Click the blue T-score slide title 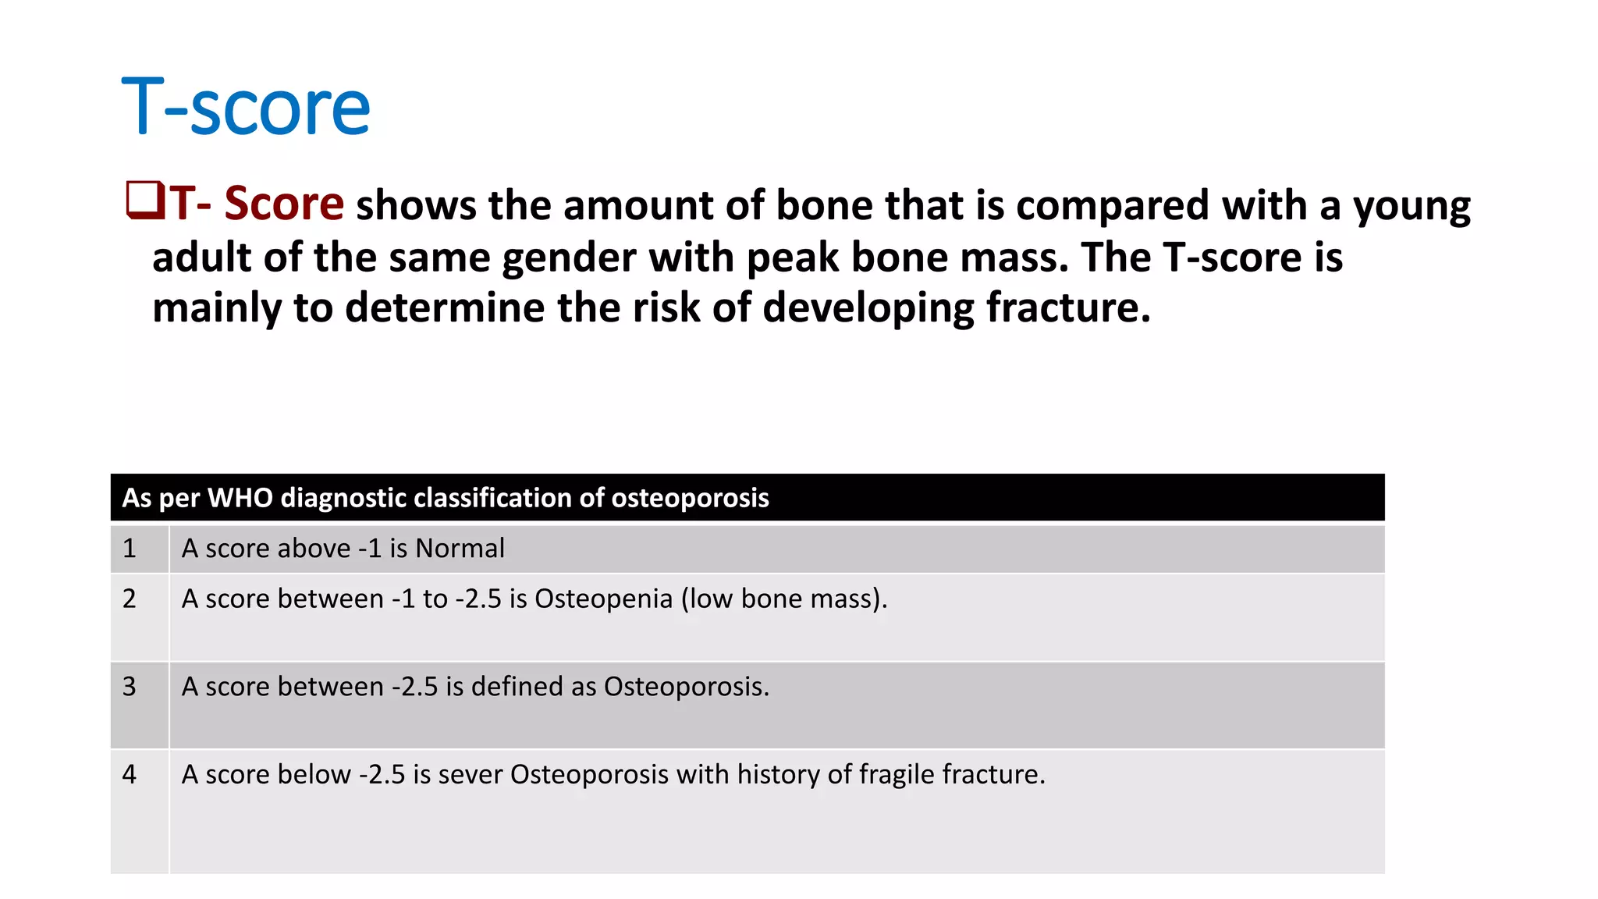point(246,107)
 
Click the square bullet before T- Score point(144,200)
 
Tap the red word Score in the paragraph point(284,204)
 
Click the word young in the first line point(1412,207)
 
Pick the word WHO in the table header point(240,498)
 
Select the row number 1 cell point(130,549)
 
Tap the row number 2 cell point(130,599)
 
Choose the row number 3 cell point(130,687)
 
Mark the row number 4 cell point(130,774)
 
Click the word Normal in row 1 point(460,549)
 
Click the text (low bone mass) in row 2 point(783,599)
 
